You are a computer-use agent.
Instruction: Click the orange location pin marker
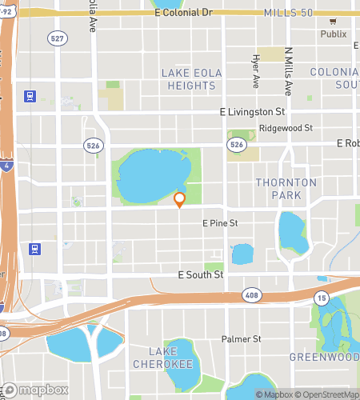[x=180, y=199]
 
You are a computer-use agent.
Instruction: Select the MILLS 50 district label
[x=289, y=13]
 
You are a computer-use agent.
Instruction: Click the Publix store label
[x=334, y=34]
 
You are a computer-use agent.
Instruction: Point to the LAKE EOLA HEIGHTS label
[x=190, y=80]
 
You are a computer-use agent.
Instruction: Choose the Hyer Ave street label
[x=256, y=72]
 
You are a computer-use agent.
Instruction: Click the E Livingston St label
[x=253, y=113]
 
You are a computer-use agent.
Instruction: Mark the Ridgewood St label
[x=280, y=128]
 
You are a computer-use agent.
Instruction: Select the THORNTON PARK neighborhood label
[x=280, y=189]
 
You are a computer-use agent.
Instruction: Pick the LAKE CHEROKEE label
[x=170, y=358]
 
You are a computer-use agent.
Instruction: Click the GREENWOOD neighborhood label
[x=324, y=357]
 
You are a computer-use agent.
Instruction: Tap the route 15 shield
[x=322, y=298]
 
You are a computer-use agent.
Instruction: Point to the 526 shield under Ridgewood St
[x=235, y=144]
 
